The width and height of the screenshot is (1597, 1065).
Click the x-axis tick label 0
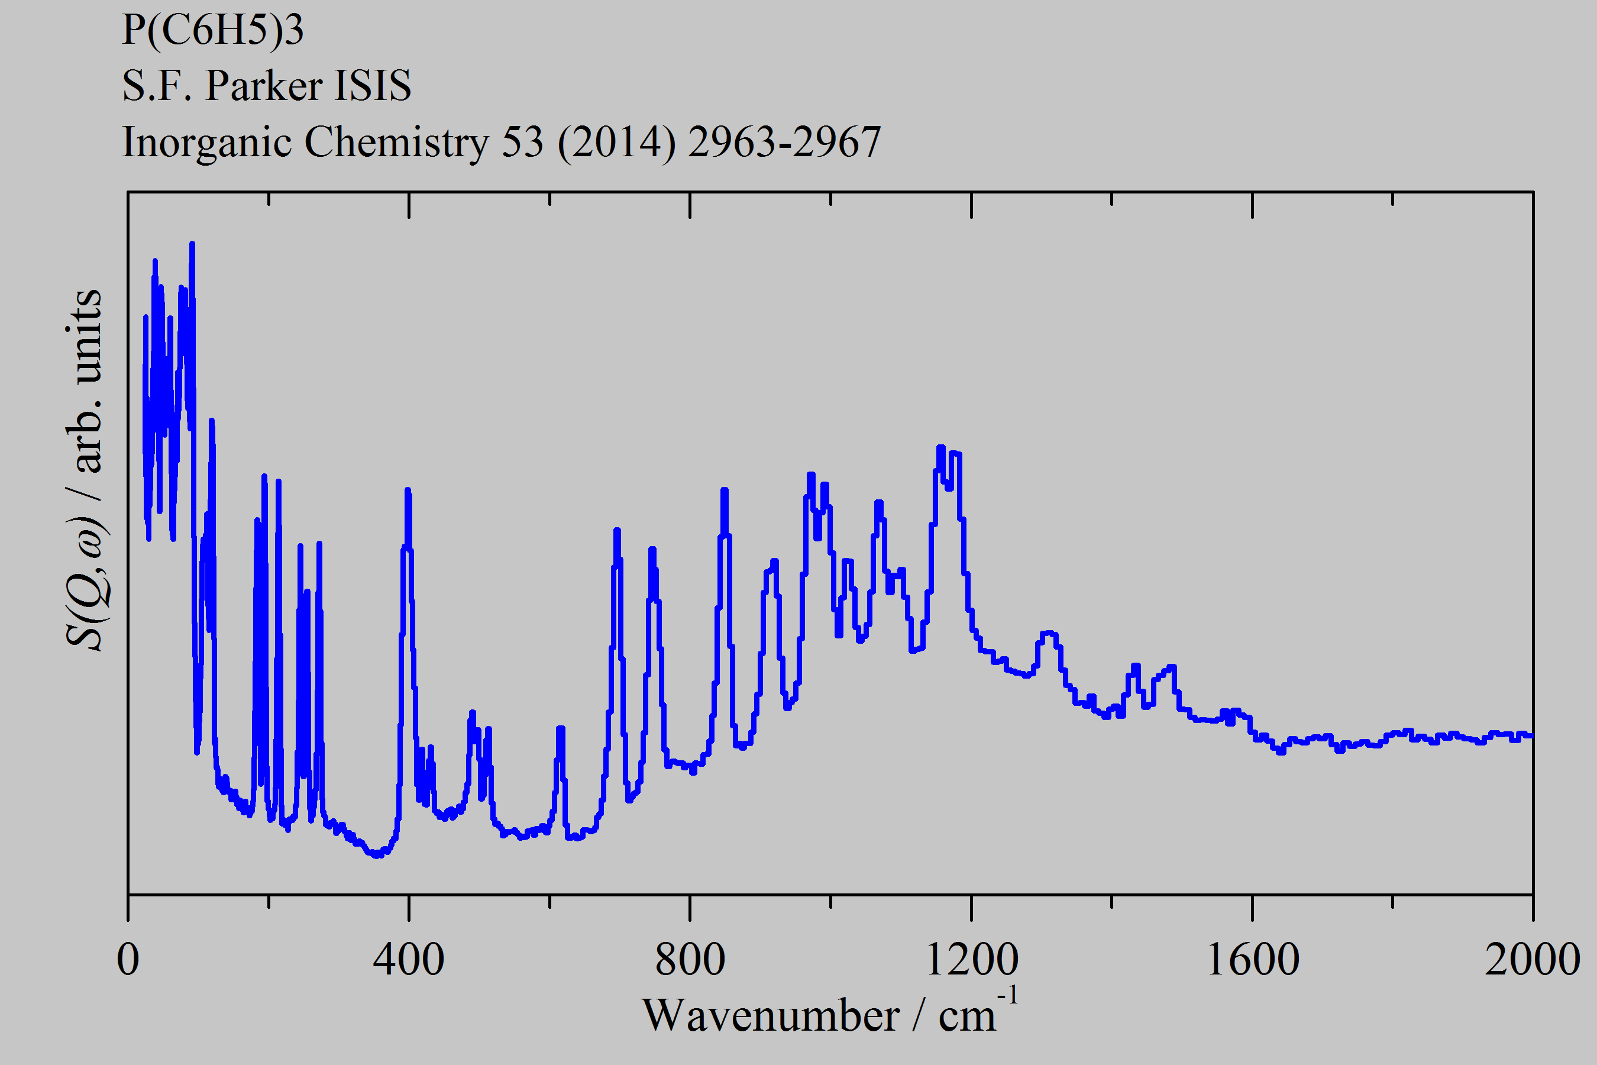[x=128, y=960]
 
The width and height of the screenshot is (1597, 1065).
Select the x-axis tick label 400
[x=409, y=960]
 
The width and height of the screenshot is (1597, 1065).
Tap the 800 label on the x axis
[x=690, y=960]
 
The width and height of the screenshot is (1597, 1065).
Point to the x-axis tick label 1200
[x=971, y=960]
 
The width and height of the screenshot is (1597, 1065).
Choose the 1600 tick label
[x=1252, y=960]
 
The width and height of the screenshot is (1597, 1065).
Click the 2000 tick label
[x=1533, y=960]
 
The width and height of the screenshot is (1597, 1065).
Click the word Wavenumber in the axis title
[x=771, y=1016]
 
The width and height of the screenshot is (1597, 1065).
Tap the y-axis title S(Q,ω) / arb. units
[x=85, y=469]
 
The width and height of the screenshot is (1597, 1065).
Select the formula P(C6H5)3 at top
[x=212, y=31]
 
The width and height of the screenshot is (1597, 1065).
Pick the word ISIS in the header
[x=373, y=86]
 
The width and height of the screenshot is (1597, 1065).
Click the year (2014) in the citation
[x=616, y=143]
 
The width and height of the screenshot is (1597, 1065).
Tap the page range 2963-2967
[x=784, y=143]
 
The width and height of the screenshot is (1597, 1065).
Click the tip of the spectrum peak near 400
[x=408, y=490]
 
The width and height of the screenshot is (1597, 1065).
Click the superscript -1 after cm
[x=1008, y=996]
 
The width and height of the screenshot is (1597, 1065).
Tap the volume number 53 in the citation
[x=523, y=143]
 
